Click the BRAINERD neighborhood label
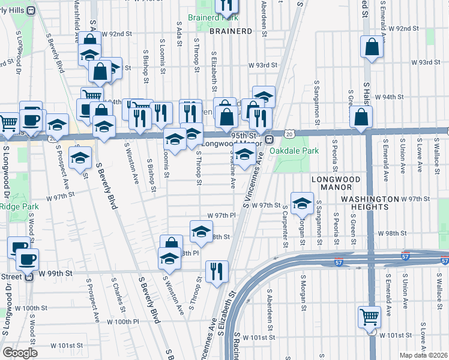231,31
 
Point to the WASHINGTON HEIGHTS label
369,203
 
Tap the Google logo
20,353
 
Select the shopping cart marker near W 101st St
369,316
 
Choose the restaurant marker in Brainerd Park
226,5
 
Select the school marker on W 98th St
201,230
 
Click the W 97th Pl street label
218,215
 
